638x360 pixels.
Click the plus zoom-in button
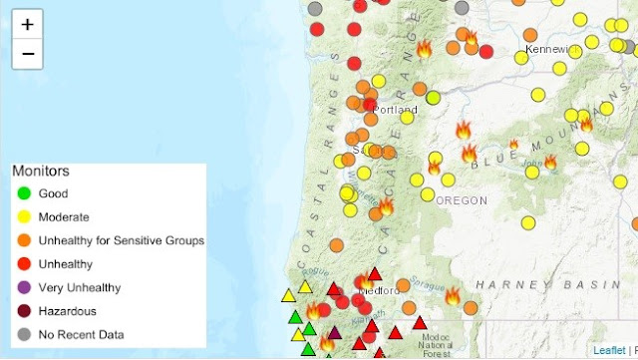click(x=27, y=24)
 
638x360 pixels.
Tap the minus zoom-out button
click(x=27, y=54)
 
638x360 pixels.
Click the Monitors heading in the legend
click(x=43, y=171)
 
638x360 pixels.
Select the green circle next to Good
click(x=23, y=193)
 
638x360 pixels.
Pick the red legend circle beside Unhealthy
click(x=23, y=264)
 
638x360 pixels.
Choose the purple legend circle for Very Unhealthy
click(x=23, y=287)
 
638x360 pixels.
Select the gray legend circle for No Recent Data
click(x=23, y=335)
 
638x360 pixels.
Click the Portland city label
click(x=397, y=109)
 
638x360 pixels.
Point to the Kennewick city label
click(x=552, y=49)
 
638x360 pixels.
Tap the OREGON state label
click(x=462, y=200)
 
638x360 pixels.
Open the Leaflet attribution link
click(x=609, y=351)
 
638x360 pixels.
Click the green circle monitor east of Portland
click(x=433, y=98)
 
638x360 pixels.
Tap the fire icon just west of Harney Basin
click(x=453, y=295)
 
